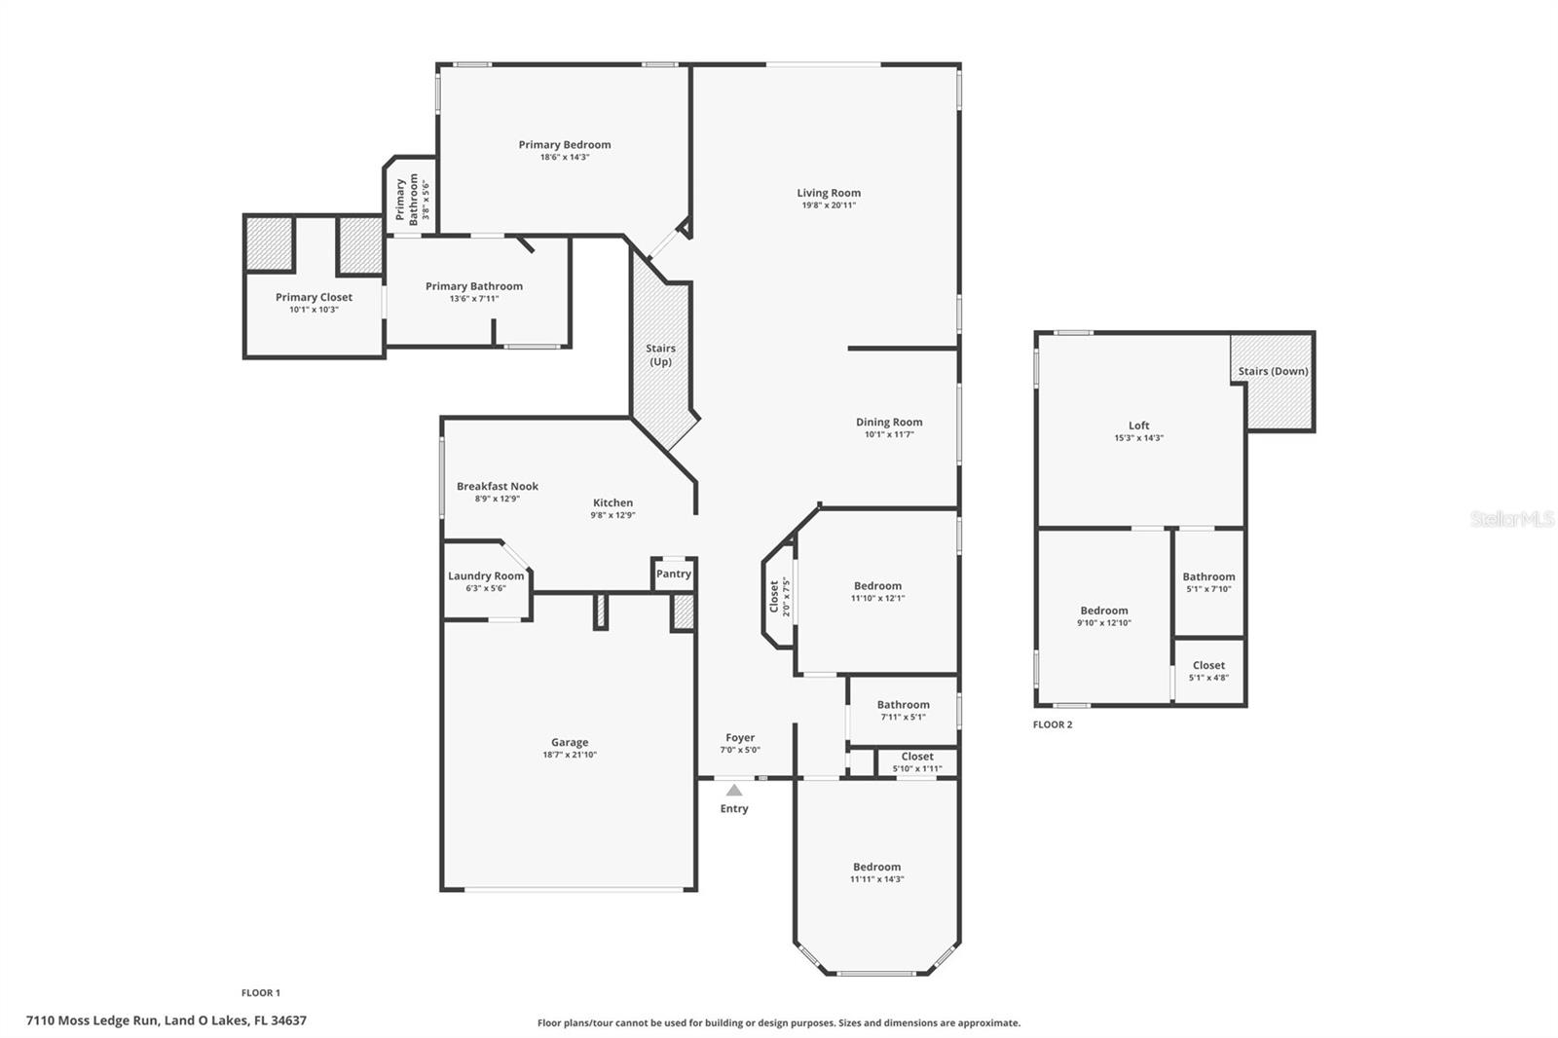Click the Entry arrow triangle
click(x=734, y=791)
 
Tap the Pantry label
click(x=673, y=574)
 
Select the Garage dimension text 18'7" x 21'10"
click(x=570, y=755)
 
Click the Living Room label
click(x=829, y=193)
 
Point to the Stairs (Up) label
click(x=660, y=354)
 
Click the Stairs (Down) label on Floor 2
click(x=1273, y=372)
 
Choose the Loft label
click(x=1138, y=426)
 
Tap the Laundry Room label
click(x=486, y=576)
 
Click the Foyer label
click(x=739, y=737)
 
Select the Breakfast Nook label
click(x=498, y=486)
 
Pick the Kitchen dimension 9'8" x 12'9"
click(x=612, y=515)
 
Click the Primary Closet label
click(x=314, y=297)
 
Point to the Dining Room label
click(x=889, y=423)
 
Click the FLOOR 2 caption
click(x=1053, y=724)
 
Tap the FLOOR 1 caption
click(x=261, y=993)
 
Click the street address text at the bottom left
click(x=167, y=1020)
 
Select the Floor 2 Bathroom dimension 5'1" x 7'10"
click(x=1208, y=589)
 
